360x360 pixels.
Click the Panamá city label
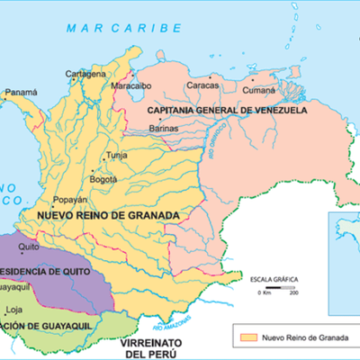pyautogui.click(x=22, y=93)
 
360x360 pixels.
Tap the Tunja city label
pyautogui.click(x=118, y=155)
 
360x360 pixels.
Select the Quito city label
pyautogui.click(x=29, y=244)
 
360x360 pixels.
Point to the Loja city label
pyautogui.click(x=13, y=309)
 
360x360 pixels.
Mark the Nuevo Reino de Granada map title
pyautogui.click(x=108, y=216)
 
